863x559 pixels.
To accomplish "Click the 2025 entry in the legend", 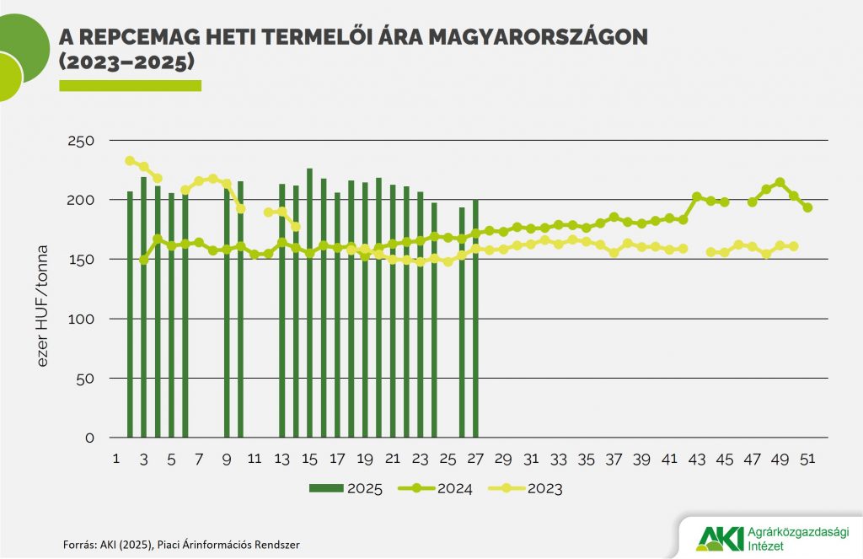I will click(346, 488).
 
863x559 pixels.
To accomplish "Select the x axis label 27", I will click(475, 460).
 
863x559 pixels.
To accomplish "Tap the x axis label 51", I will click(807, 460).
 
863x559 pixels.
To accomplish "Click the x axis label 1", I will click(116, 460).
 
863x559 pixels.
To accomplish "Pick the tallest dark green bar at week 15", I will click(309, 304).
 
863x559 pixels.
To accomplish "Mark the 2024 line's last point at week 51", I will click(807, 207).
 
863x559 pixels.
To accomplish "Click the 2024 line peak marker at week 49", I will click(780, 182).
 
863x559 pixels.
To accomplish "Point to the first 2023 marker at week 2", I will click(130, 160).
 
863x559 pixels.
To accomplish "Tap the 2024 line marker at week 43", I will click(697, 196).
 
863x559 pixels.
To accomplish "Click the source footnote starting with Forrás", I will click(181, 545).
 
